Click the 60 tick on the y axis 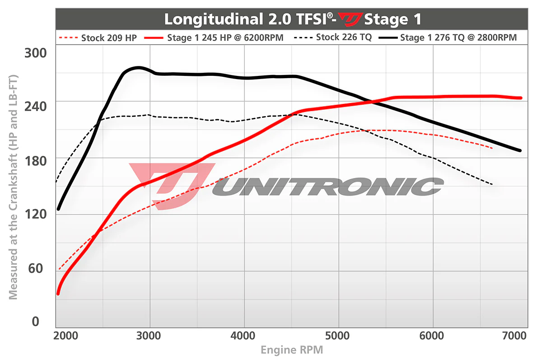point(38,268)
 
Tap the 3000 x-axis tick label point(149,336)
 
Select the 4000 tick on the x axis point(244,336)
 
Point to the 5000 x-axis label point(339,336)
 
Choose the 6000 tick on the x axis point(433,336)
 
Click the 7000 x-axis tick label point(515,336)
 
